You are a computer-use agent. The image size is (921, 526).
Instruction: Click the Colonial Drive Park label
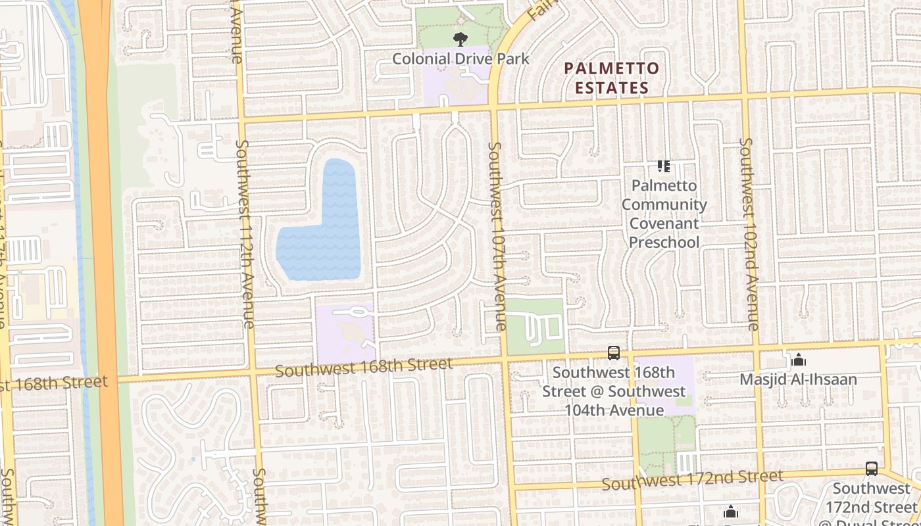(460, 59)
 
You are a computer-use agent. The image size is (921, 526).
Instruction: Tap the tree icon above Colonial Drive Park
(460, 39)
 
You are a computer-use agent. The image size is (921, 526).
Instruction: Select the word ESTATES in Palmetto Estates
(612, 87)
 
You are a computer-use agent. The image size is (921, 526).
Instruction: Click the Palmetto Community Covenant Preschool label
(664, 214)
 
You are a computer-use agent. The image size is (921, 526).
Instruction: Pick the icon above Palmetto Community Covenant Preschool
(664, 166)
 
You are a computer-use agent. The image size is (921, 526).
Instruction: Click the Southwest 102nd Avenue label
(749, 233)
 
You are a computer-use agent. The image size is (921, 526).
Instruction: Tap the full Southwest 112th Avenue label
(244, 233)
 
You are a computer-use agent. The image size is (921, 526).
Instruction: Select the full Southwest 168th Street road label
(364, 368)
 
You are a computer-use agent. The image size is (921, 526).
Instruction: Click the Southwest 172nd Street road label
(693, 481)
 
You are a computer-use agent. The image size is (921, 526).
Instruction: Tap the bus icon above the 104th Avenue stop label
(614, 353)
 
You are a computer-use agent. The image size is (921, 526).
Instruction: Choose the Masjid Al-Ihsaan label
(798, 379)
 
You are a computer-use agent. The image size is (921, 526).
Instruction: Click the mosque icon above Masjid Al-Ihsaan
(799, 360)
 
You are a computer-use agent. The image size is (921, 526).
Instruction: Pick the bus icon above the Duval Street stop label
(872, 469)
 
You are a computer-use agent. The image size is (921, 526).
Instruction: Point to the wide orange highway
(102, 263)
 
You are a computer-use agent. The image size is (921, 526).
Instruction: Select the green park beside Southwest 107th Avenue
(536, 325)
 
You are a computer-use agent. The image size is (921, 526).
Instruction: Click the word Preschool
(664, 242)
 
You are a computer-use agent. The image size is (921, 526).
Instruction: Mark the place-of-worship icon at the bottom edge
(731, 512)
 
